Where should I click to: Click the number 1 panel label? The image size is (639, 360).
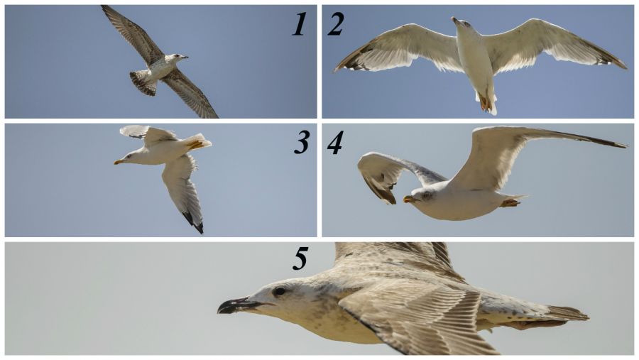click(299, 24)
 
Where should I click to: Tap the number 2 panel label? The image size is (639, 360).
click(335, 24)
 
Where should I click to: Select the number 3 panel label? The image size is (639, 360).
click(302, 143)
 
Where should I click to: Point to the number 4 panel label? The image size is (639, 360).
click(335, 143)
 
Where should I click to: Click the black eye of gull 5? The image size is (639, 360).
click(280, 291)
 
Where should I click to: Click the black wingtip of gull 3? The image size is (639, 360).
click(194, 222)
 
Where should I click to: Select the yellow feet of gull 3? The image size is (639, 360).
click(196, 144)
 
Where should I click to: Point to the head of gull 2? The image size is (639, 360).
click(461, 23)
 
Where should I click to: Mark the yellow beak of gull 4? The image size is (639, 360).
click(409, 199)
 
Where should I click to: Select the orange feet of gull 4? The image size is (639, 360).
click(509, 202)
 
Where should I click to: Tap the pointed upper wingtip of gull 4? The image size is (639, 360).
click(623, 146)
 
